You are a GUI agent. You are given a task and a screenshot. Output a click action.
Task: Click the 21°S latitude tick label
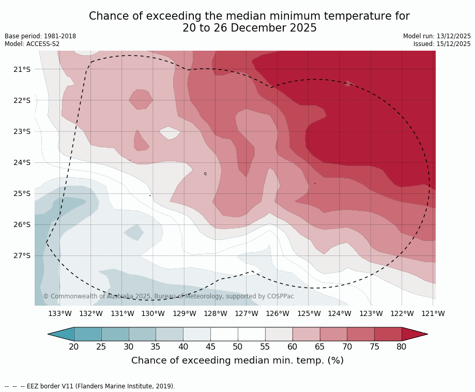pos(22,69)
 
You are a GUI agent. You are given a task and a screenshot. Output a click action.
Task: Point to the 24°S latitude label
pos(22,162)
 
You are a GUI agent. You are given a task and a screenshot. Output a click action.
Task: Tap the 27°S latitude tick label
pos(22,255)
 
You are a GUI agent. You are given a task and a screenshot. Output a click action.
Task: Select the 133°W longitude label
pos(60,313)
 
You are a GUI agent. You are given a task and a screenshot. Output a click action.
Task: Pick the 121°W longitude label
pos(433,313)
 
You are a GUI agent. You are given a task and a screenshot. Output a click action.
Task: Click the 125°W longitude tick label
pos(309,313)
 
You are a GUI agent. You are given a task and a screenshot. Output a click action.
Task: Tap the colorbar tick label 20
pos(74,346)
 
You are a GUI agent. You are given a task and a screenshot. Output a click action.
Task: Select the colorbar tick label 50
pos(238,346)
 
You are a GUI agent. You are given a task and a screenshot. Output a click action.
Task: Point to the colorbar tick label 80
pos(402,346)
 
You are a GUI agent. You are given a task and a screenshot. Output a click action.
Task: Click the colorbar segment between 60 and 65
pos(306,334)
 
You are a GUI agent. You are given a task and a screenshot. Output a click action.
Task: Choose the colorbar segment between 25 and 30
pos(115,334)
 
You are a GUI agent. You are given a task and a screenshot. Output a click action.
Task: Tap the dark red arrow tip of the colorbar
pos(415,334)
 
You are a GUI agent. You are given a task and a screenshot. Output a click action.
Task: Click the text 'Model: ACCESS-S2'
pos(32,44)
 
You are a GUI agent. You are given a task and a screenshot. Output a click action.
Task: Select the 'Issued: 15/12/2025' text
pos(442,44)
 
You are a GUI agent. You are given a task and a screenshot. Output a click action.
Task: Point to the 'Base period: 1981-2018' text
pos(40,36)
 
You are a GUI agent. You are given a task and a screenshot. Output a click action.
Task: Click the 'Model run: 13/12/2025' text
pos(437,36)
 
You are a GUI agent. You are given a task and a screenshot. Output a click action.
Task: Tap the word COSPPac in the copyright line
pos(280,296)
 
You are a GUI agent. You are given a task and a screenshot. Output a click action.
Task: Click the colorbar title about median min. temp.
pos(237,360)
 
